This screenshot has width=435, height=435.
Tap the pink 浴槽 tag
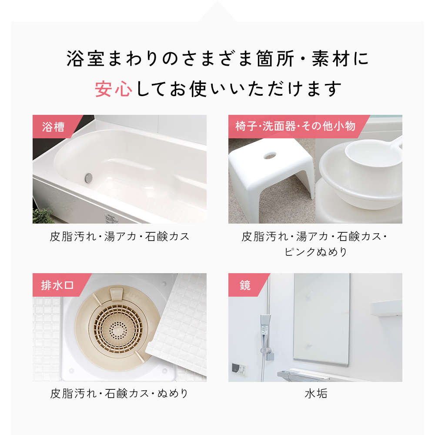[54, 127]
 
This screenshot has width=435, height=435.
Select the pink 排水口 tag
[57, 285]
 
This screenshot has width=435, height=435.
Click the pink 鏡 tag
[245, 285]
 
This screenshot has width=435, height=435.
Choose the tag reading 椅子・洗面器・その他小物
[295, 127]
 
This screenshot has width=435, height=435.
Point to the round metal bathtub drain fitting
[89, 177]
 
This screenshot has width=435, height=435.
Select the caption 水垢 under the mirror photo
[315, 394]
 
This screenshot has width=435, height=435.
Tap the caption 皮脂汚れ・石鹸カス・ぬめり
[119, 394]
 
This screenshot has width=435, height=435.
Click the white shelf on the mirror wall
[386, 308]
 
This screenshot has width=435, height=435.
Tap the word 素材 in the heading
[331, 60]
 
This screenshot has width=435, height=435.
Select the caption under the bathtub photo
[120, 237]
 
